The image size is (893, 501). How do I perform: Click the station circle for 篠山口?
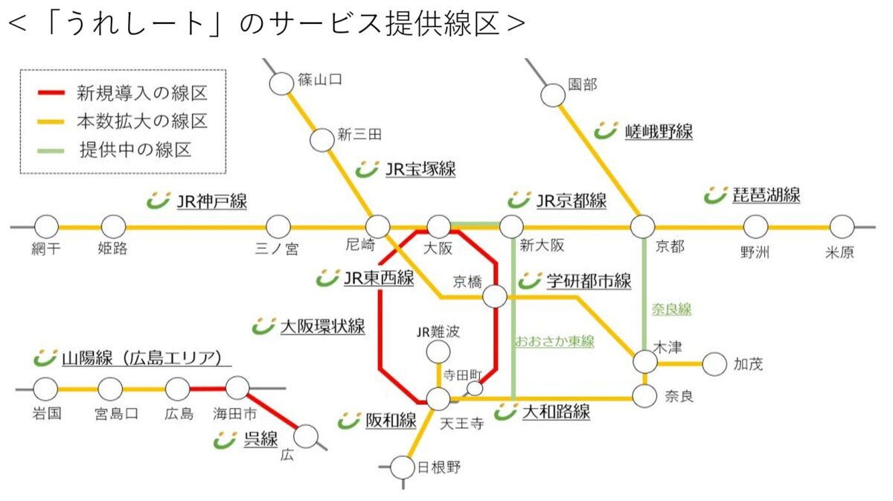point(281,83)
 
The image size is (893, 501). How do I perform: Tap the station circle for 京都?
point(642,226)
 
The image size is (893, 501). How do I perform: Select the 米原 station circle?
point(842,226)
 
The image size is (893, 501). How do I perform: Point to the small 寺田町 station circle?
point(474,388)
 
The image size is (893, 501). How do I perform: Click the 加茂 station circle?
point(714,364)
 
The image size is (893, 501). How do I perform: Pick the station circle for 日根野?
point(403,468)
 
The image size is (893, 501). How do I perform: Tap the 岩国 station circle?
point(45,389)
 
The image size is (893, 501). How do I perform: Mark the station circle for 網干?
point(46,226)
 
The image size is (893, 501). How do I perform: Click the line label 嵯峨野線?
point(659,133)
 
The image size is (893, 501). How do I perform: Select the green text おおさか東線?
point(554,342)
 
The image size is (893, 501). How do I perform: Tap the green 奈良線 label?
point(671,309)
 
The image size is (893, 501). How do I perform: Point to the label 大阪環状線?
point(321,326)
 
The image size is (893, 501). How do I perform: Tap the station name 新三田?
point(359,135)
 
